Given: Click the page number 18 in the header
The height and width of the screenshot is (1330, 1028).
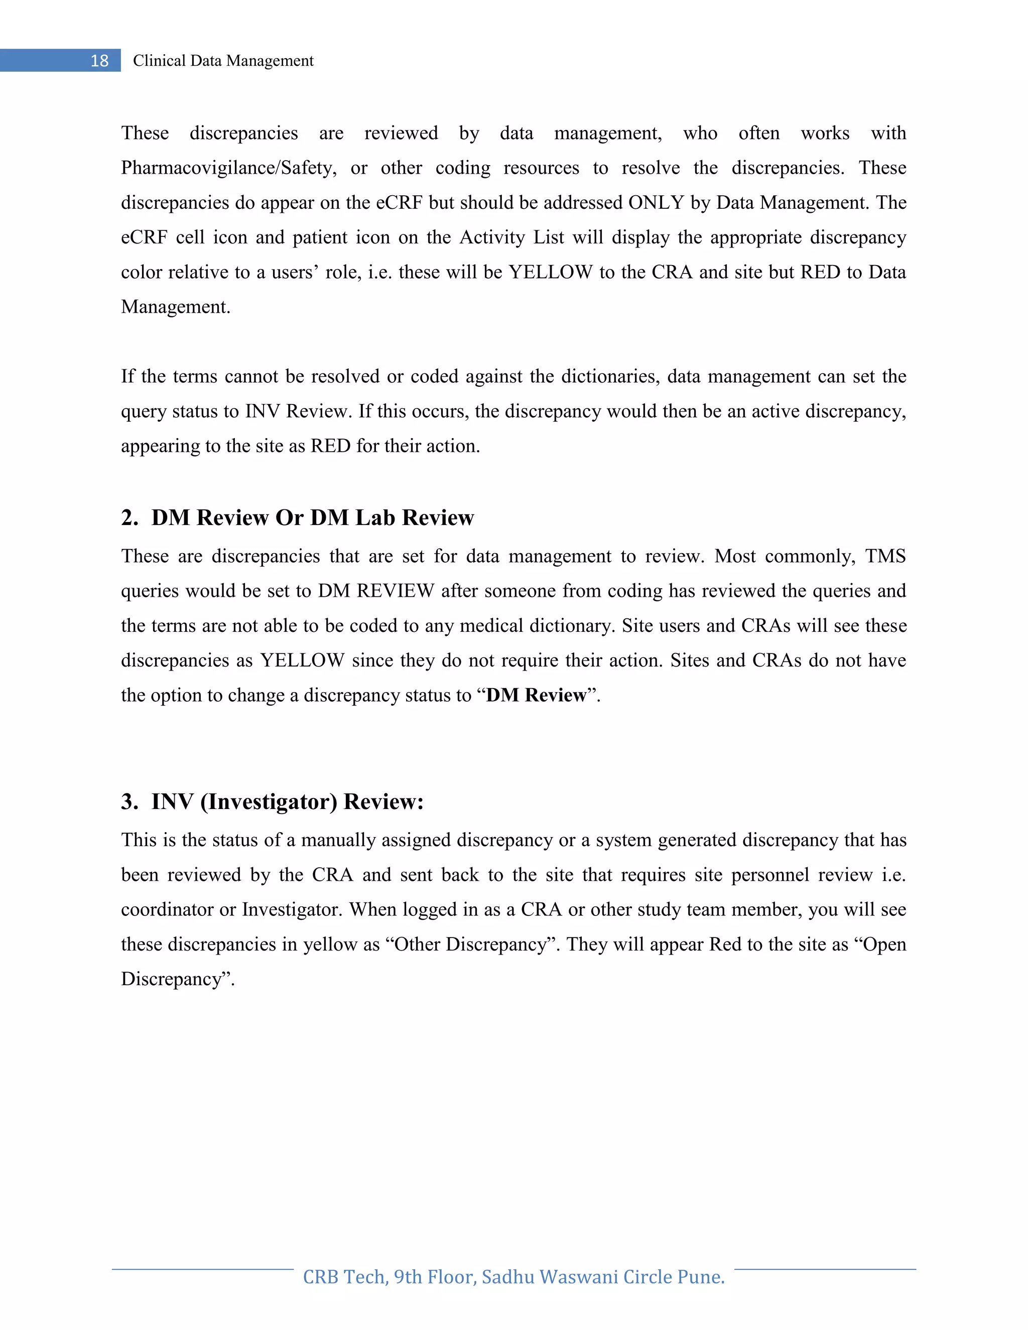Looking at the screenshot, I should point(99,61).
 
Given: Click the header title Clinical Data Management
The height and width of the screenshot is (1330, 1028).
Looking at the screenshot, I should point(223,61).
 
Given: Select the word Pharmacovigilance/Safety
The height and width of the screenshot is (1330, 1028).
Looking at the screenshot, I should point(228,168).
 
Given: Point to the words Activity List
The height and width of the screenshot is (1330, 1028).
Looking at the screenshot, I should point(511,237).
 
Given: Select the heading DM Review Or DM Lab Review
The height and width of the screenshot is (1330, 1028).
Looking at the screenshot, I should point(312,517).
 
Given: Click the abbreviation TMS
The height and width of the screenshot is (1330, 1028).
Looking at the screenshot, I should point(885,556).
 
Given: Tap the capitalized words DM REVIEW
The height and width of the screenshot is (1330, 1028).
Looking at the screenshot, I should point(376,591).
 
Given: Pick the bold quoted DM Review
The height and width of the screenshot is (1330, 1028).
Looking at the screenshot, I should point(536,695).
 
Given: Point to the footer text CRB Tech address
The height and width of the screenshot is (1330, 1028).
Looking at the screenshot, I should point(513,1276).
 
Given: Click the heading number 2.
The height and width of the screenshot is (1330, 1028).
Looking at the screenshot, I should point(129,517).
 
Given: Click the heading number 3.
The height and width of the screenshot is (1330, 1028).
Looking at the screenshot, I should point(129,802).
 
